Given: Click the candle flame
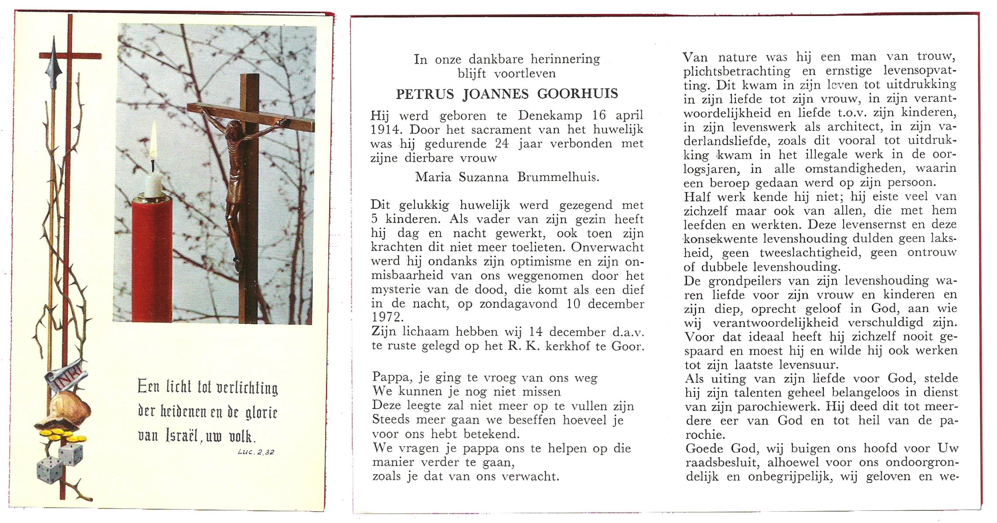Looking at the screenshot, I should pos(153,142).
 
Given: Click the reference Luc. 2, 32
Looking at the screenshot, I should pos(256,452).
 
